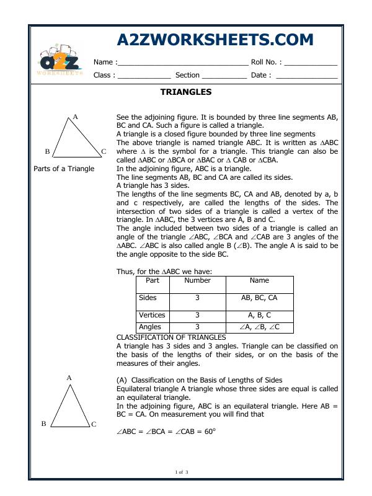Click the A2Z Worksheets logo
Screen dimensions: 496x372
(59, 60)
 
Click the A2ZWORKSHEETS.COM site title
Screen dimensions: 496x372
(215, 40)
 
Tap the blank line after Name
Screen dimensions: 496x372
(182, 63)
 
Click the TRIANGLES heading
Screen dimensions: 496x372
(186, 92)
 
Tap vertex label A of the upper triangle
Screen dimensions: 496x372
(75, 117)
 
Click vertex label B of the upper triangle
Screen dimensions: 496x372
(47, 151)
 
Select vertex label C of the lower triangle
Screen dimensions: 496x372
(94, 425)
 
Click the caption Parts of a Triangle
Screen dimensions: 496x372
(64, 169)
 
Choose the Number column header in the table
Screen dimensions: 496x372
(197, 281)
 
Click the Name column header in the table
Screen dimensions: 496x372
(259, 281)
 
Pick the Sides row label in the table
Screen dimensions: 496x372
(148, 298)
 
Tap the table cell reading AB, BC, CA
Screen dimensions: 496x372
(259, 298)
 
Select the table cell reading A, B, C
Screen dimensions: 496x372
(259, 315)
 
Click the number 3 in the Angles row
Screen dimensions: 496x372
(197, 327)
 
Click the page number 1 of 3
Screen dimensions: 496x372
(182, 473)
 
